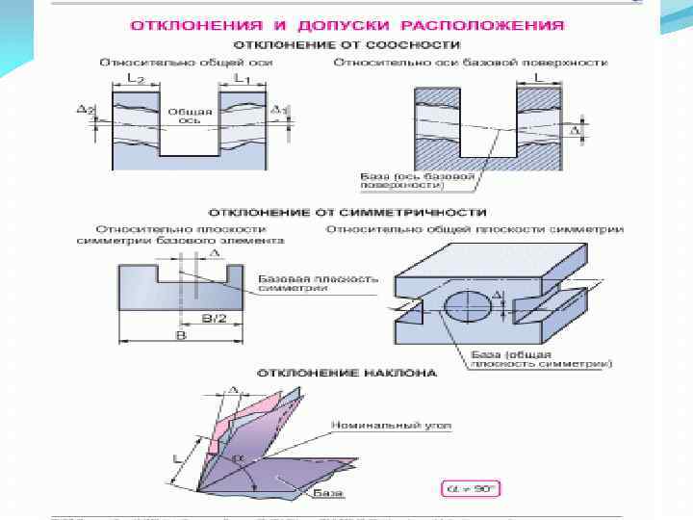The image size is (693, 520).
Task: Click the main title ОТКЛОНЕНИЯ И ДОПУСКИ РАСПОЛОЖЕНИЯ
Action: (347, 23)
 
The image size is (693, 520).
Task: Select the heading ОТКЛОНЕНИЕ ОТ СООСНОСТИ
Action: (347, 44)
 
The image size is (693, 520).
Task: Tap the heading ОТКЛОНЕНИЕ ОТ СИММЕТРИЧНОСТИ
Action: (347, 211)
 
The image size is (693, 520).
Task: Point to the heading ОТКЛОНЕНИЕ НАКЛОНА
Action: (346, 372)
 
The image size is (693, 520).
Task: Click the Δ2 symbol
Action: (85, 110)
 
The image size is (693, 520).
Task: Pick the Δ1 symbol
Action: (280, 111)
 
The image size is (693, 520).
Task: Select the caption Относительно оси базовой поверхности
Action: (471, 62)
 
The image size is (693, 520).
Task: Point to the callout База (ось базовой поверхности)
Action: (420, 182)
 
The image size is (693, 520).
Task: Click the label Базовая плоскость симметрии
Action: (319, 283)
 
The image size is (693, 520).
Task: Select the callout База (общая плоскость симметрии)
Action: (541, 358)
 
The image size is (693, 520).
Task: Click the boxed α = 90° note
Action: (470, 488)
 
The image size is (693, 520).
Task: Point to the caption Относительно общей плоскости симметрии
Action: (475, 229)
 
